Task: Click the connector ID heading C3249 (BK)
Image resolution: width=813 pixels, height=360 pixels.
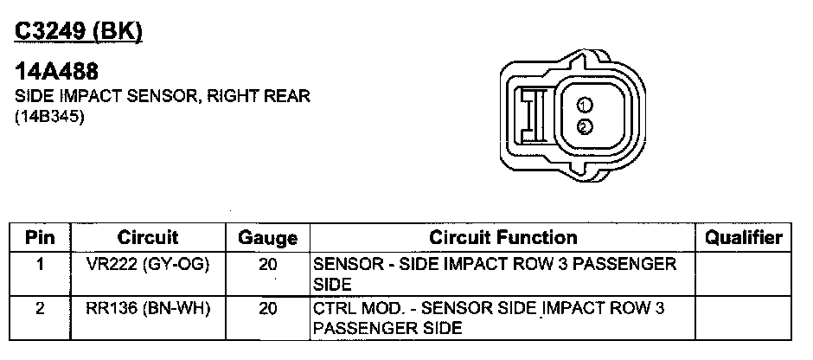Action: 79,33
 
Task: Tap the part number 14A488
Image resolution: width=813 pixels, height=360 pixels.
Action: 56,72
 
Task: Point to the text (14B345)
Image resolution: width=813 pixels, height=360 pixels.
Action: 49,117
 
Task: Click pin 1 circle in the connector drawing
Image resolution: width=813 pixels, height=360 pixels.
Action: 585,106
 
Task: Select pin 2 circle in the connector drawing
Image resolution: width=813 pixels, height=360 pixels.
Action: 585,126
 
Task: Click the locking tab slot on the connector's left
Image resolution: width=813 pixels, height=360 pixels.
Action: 534,115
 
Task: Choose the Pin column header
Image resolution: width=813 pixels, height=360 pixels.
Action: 40,238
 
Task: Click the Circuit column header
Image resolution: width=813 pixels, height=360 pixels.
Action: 148,238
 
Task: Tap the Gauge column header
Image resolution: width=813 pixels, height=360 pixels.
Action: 267,238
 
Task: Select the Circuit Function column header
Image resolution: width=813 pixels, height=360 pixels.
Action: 503,238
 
